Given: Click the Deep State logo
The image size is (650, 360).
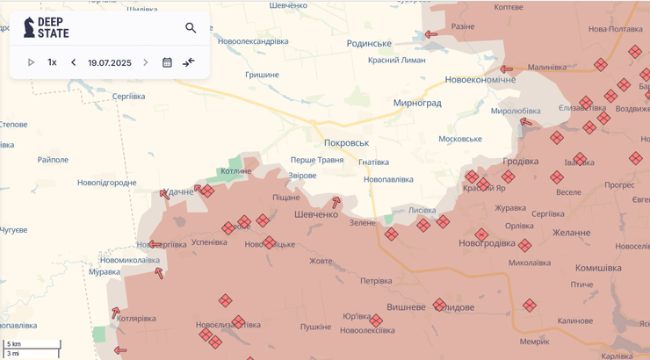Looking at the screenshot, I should click(47, 27).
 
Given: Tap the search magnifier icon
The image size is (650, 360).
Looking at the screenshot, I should click(191, 28).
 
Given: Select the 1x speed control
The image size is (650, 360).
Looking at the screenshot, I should click(52, 62).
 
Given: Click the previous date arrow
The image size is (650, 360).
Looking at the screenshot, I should click(73, 62).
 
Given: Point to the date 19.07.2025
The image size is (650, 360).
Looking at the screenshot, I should click(110, 62).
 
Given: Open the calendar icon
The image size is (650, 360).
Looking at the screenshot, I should click(167, 62).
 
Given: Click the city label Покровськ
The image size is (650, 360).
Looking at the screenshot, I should click(346, 142).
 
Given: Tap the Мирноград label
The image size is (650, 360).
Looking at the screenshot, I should click(417, 103).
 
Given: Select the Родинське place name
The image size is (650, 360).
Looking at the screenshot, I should click(369, 43).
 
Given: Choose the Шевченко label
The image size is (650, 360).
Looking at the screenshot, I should click(316, 214).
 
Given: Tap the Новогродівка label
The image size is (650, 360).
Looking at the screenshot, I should click(487, 242).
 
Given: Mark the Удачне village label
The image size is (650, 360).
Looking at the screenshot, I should click(179, 191).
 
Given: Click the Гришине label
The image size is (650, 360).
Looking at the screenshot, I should click(262, 75).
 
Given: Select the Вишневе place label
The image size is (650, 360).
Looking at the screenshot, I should click(407, 306).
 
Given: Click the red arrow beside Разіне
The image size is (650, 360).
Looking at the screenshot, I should click(431, 35).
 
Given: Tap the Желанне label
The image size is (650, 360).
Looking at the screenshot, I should click(571, 233).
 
